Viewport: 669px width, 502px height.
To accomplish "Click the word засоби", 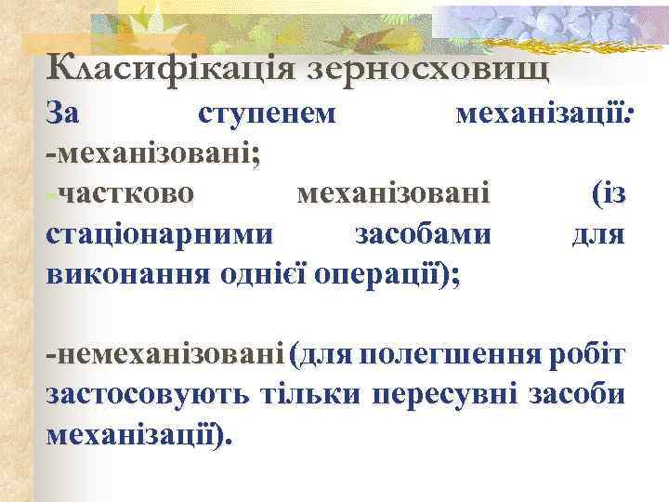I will click(x=576, y=395).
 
